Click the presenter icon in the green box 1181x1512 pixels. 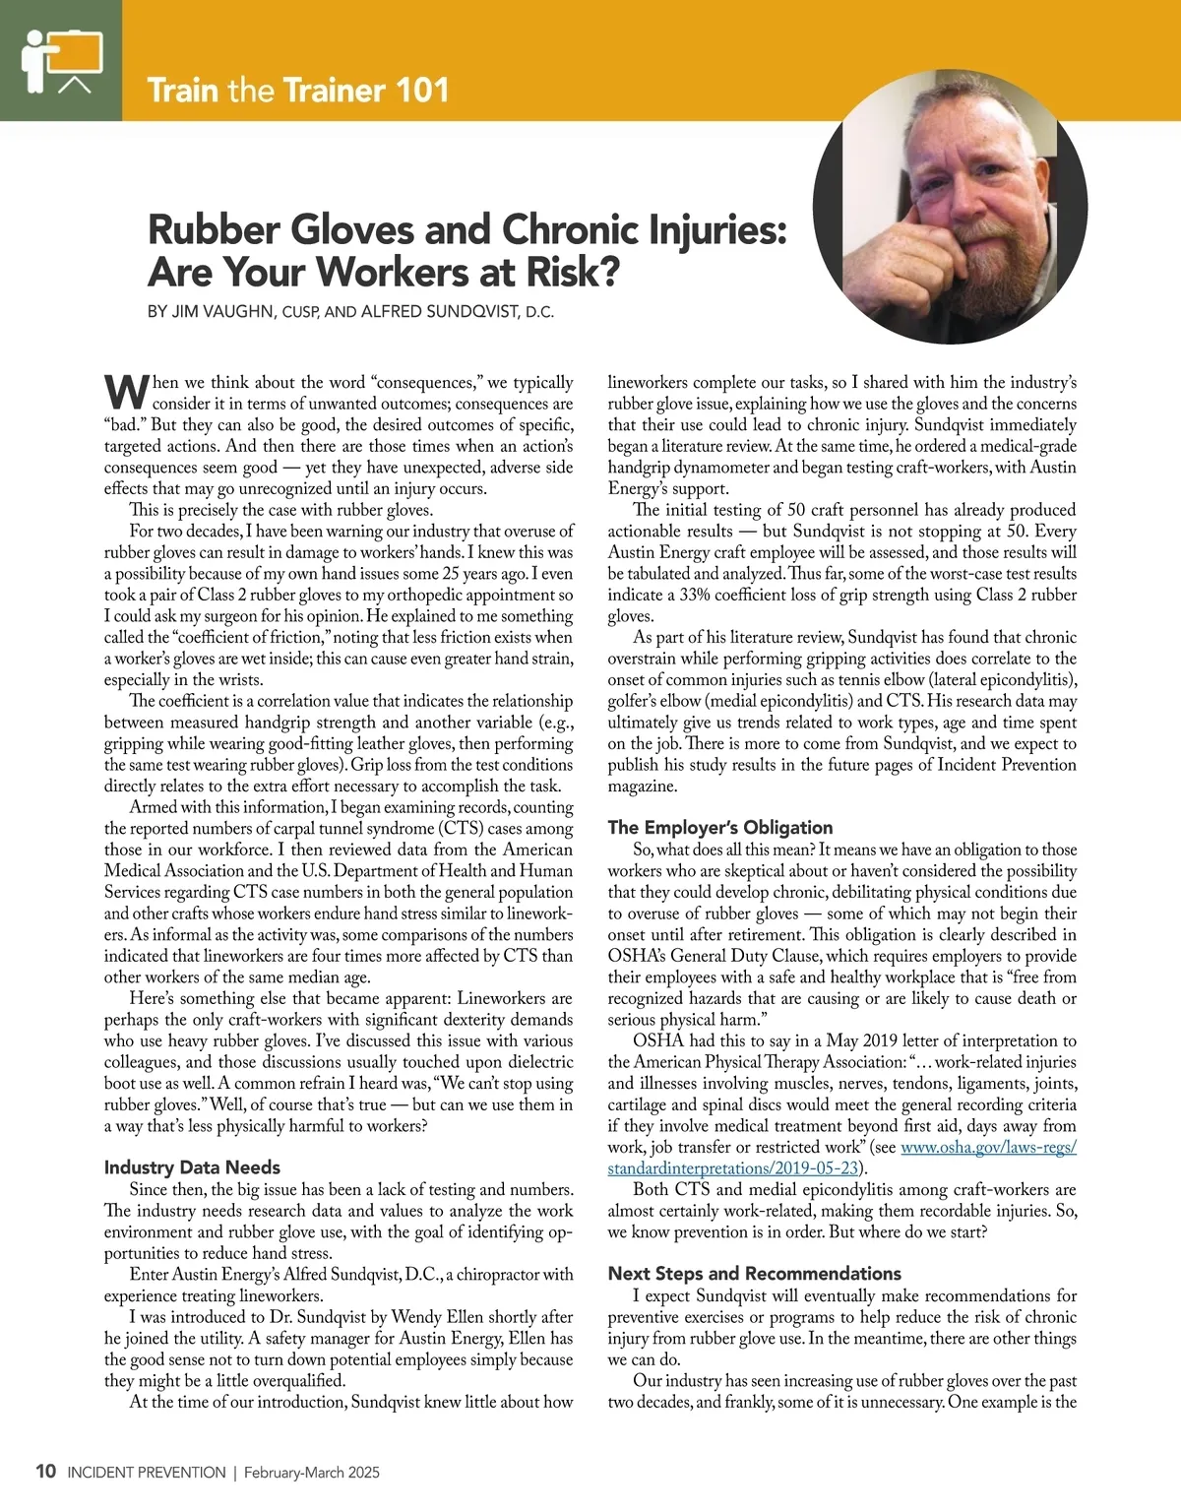[61, 61]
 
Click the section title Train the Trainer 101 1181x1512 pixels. [297, 91]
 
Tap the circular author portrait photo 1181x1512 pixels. [950, 208]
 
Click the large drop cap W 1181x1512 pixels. [127, 391]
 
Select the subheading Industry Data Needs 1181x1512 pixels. [192, 1167]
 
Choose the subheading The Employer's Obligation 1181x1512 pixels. [719, 827]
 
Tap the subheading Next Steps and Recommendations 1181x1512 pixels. [754, 1273]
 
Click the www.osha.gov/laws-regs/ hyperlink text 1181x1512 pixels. [988, 1147]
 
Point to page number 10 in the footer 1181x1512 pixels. [45, 1473]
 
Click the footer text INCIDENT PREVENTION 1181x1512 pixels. [147, 1473]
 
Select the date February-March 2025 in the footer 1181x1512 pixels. [312, 1473]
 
